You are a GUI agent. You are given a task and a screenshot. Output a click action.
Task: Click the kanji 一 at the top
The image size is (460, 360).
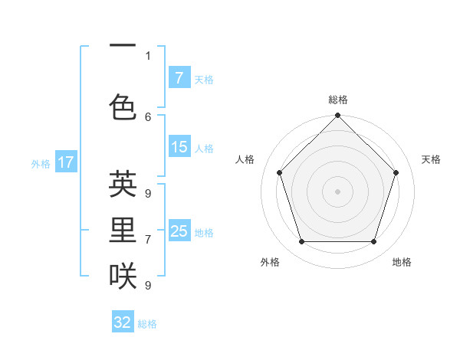pos(123,46)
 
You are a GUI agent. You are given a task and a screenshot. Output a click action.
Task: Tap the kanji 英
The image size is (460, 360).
pos(123,185)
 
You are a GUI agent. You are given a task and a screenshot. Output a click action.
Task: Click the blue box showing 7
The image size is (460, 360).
pos(179,78)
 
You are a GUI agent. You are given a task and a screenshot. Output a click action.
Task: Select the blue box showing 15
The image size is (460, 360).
pos(179,147)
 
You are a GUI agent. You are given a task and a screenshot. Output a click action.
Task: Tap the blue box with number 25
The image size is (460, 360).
pos(179,231)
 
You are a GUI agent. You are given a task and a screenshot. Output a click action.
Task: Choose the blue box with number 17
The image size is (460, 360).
pos(65,162)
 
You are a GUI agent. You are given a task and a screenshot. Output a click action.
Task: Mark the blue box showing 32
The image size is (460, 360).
pos(123,322)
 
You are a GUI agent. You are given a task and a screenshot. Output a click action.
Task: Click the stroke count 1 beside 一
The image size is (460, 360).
pos(148,55)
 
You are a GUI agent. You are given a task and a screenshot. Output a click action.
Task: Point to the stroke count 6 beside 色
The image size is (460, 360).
pos(148,116)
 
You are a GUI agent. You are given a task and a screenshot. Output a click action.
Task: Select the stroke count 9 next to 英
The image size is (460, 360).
pos(148,194)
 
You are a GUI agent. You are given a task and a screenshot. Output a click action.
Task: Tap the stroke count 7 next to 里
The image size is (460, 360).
pos(148,240)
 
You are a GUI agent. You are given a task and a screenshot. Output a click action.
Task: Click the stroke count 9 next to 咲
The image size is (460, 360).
pos(148,286)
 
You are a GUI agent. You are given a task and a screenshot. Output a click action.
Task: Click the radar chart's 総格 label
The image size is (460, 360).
pos(337,100)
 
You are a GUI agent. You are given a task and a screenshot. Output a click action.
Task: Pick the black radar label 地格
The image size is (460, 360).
pos(402,262)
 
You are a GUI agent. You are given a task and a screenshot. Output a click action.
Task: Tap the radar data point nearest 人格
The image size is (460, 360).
pos(279,172)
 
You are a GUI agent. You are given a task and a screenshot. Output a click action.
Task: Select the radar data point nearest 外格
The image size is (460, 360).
pos(301,242)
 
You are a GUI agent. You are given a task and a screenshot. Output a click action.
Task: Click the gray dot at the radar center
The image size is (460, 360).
pos(337,191)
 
